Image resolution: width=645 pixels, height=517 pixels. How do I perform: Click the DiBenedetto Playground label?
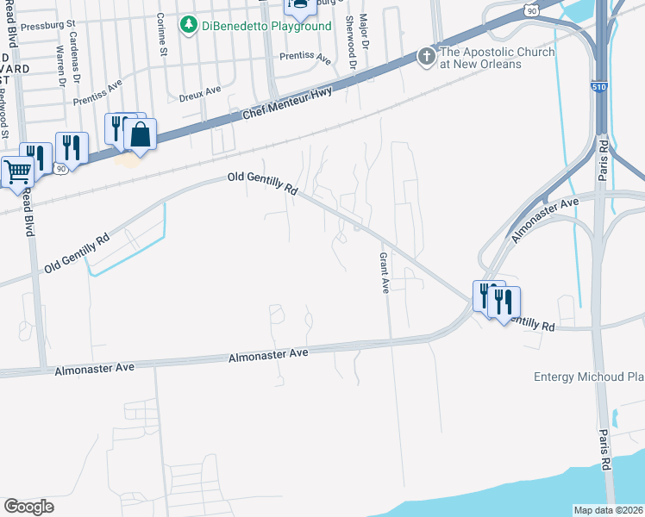tap(267, 27)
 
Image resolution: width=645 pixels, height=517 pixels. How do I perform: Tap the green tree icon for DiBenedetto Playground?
tap(188, 26)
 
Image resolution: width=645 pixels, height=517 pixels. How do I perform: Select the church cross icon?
tap(425, 58)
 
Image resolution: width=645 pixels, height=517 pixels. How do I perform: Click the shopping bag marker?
tap(139, 134)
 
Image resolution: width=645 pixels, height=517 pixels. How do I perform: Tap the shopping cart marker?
tap(16, 171)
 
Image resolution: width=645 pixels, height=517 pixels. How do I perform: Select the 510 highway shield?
tap(599, 88)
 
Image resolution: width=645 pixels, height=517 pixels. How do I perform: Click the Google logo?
tap(28, 507)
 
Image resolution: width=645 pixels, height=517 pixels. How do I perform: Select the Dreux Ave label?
tap(200, 93)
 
